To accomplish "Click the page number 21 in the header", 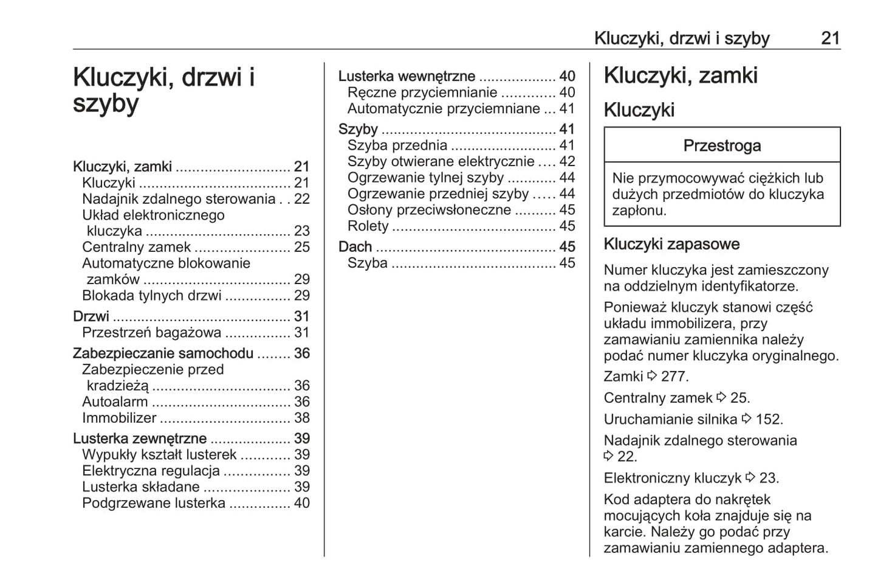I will click(x=830, y=38).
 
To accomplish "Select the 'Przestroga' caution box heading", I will click(x=722, y=146).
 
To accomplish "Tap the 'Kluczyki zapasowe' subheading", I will click(x=671, y=245).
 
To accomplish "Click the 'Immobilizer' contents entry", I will click(x=119, y=418).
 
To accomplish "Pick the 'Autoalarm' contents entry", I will click(x=115, y=402).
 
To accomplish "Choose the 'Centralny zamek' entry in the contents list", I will click(x=136, y=248).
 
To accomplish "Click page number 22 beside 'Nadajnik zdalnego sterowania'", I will click(x=302, y=200).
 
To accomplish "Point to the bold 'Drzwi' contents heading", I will click(x=91, y=317).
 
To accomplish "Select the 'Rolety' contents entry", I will click(x=368, y=226).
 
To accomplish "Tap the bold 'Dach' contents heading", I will click(x=355, y=247).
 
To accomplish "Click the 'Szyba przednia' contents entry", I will click(x=397, y=145).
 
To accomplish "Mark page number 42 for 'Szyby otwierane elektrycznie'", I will click(x=567, y=162).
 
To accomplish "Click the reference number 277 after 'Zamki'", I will click(x=674, y=377).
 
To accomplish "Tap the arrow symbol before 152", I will click(x=746, y=419).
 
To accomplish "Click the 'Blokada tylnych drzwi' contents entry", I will click(x=152, y=296).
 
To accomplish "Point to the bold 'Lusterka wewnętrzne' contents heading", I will click(x=406, y=77).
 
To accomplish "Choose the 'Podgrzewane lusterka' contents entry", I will click(x=154, y=504).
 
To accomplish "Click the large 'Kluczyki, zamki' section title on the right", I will click(x=681, y=76).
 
